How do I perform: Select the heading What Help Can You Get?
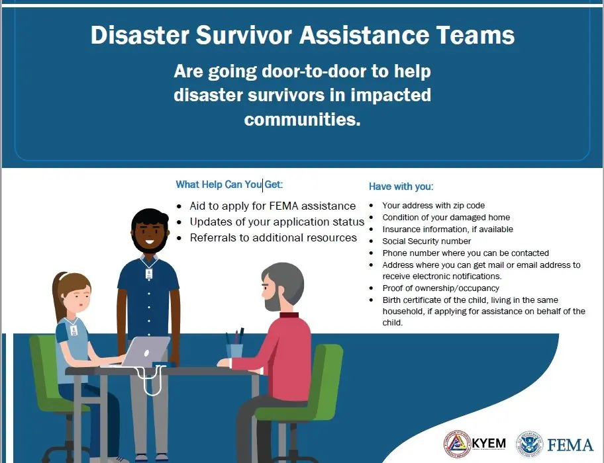229,185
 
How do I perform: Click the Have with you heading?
401,187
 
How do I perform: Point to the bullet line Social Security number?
427,241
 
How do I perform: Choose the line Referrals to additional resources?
273,237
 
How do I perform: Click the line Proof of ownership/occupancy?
440,288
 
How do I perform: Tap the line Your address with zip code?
433,205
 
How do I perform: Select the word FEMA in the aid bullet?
284,206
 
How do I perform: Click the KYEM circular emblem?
457,444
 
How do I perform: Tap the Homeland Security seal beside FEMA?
529,444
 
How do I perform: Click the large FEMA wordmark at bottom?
570,445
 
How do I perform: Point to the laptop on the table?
146,352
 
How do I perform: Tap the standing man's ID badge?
149,274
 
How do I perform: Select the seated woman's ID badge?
74,330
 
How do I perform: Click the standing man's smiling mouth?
150,242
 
